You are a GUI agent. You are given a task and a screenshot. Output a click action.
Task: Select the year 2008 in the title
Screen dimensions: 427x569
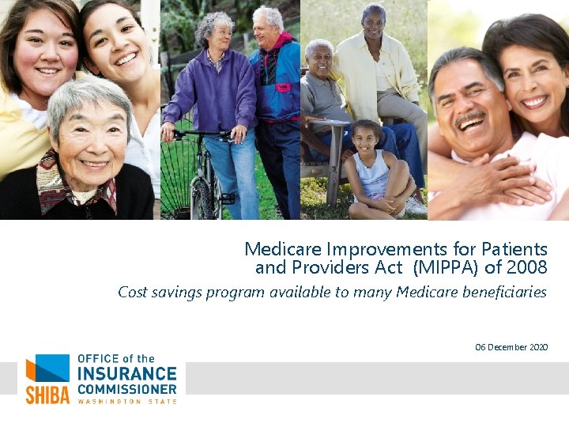tap(526, 267)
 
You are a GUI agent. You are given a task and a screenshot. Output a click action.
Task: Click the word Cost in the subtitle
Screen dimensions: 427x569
tap(133, 292)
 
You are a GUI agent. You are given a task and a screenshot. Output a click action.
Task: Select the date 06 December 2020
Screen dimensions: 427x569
tap(511, 347)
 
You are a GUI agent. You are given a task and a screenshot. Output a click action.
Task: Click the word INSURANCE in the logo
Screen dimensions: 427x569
tap(126, 373)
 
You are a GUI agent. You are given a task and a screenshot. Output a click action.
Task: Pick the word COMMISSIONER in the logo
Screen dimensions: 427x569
tap(126, 389)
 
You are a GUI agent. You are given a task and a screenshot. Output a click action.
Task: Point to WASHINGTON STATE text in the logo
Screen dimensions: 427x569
tap(126, 401)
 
